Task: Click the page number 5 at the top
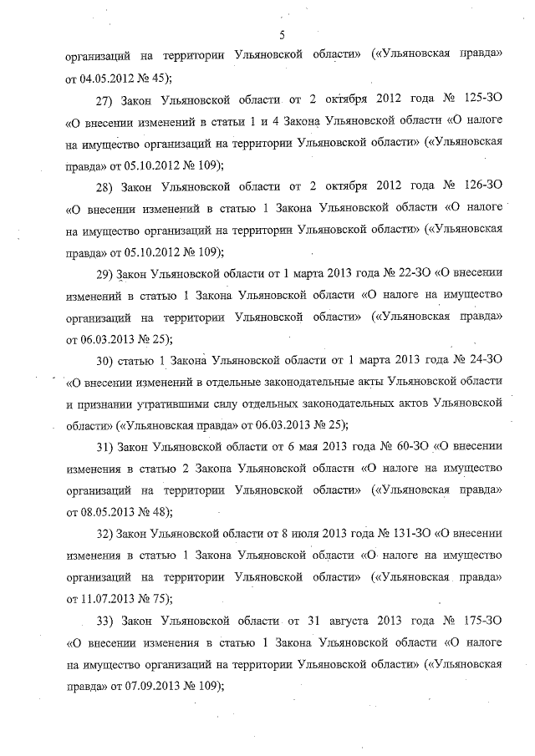282,34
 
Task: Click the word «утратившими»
166,403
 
